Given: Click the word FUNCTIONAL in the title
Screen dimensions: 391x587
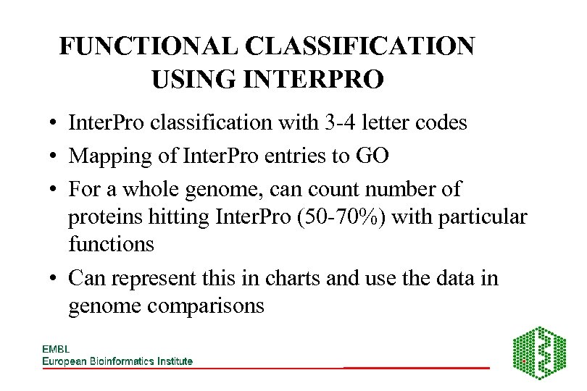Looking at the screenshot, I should (x=149, y=47).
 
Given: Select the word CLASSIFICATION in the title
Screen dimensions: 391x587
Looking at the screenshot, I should (x=360, y=47).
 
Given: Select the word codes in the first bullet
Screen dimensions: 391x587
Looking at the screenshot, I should (x=438, y=123).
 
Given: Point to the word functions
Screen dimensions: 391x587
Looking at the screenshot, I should (x=111, y=244).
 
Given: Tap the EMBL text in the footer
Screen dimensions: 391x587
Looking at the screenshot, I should (x=56, y=349).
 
